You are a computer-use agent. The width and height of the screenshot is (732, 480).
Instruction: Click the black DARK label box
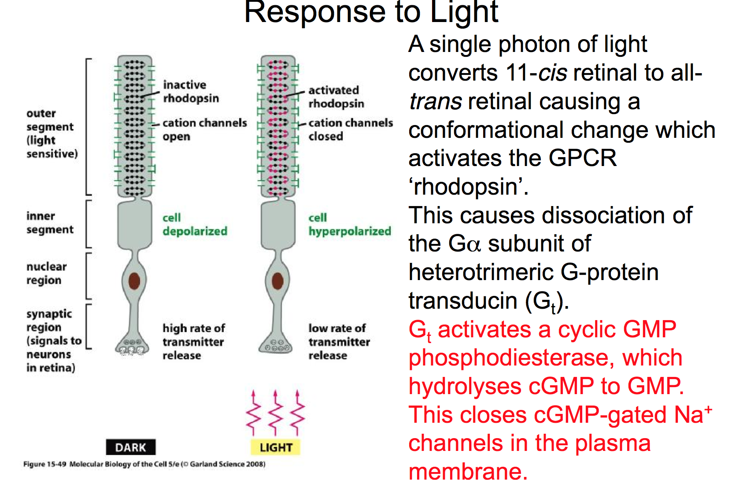coord(130,447)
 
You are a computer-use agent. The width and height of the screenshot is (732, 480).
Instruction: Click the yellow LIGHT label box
coord(276,447)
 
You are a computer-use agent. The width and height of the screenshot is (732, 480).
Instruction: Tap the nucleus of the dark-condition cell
coord(134,281)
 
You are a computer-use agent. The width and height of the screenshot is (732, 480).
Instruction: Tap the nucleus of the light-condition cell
coord(277,281)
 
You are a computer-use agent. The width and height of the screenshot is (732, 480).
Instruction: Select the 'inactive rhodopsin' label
coord(191,91)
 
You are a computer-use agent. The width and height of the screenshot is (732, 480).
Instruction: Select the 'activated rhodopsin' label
coord(336,96)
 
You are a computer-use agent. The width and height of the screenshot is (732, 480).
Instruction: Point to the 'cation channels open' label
coord(204,129)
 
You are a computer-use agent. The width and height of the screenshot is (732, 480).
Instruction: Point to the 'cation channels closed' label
coord(350,129)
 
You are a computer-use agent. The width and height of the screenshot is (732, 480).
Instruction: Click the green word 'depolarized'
coord(195,231)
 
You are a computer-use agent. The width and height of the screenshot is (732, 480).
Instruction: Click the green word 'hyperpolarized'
coord(350,231)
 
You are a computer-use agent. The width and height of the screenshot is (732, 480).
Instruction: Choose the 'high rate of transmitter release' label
coord(193,342)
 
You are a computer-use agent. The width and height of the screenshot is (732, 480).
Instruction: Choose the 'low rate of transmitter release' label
coord(339,342)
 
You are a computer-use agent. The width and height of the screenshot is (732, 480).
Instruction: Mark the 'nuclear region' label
coord(46,273)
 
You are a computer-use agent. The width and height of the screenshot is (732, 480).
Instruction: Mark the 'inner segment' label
coord(49,223)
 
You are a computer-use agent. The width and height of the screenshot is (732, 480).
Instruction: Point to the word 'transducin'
coord(463,301)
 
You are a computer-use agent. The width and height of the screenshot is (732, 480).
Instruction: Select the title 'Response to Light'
coord(371,12)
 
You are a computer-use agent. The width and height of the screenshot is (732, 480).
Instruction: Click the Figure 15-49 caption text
coord(144,464)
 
